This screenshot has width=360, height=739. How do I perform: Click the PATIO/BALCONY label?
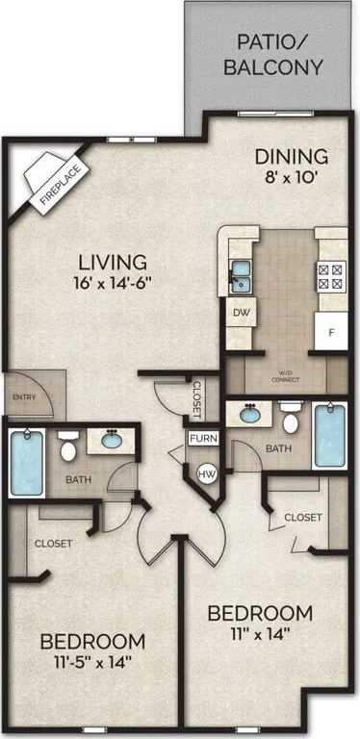tap(272, 55)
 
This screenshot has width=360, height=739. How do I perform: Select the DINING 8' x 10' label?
tap(291, 166)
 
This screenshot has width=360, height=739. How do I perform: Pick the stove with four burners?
tap(330, 277)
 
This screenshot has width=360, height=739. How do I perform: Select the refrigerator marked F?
tap(331, 332)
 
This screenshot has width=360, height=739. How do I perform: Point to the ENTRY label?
tap(24, 396)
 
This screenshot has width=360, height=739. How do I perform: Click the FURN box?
tap(202, 439)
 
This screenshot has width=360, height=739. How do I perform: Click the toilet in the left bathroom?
tap(68, 447)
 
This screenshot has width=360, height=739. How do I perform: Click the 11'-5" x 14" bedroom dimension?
tap(92, 661)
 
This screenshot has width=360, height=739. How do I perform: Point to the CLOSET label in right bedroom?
tap(302, 518)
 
